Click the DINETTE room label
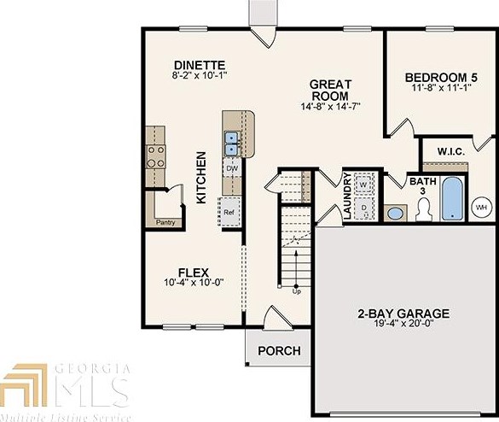click(x=199, y=65)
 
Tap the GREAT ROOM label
click(x=330, y=90)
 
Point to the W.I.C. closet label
click(x=450, y=151)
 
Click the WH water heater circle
click(x=480, y=207)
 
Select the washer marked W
click(x=363, y=184)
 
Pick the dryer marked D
click(x=363, y=205)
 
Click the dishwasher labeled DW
click(x=231, y=169)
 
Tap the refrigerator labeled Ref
click(x=229, y=210)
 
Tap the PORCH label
click(x=279, y=350)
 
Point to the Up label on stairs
click(x=297, y=292)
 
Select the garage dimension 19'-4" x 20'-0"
click(x=403, y=325)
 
